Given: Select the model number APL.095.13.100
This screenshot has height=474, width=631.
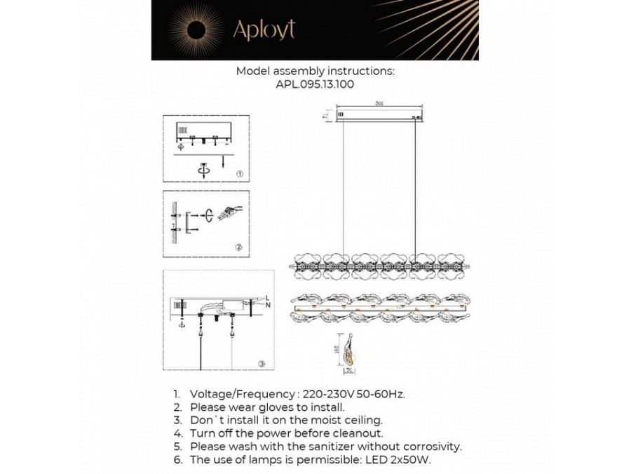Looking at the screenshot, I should pos(315,84).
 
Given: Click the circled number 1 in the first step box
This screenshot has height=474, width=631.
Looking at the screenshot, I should pos(239,173).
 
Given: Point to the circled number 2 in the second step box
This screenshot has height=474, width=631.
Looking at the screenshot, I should pos(239,246).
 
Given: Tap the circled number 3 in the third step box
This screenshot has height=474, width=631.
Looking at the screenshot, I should pos(261,364).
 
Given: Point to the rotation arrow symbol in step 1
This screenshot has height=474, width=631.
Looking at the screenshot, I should pos(204,168).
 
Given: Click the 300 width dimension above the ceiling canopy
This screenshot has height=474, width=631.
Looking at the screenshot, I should pos(379,103).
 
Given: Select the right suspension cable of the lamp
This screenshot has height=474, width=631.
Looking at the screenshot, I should pos(416,186).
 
